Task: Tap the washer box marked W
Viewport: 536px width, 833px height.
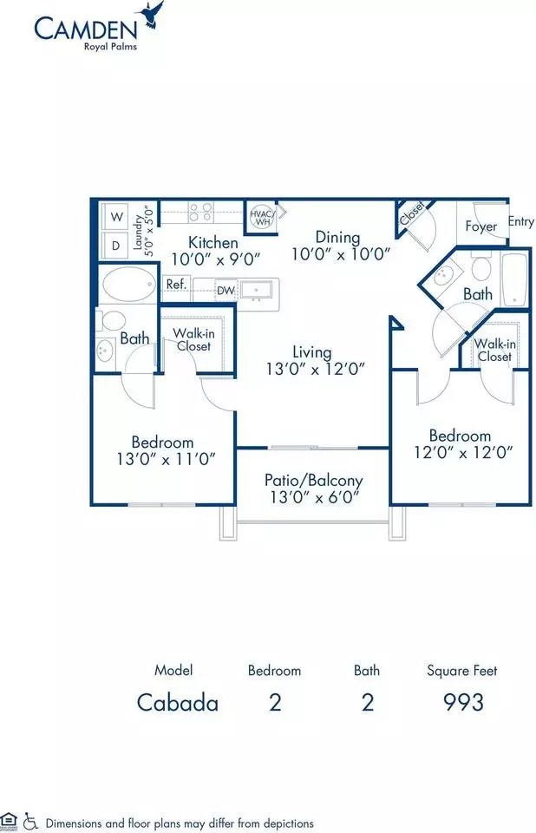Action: [x=117, y=216]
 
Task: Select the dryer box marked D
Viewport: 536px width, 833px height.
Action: [x=116, y=245]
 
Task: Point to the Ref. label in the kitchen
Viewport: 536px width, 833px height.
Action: [x=176, y=285]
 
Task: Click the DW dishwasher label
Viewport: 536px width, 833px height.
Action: [x=226, y=291]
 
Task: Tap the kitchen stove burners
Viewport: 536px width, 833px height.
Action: [x=201, y=212]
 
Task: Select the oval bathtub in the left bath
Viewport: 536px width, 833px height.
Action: [x=129, y=284]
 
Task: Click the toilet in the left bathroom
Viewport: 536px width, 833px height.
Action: [x=112, y=320]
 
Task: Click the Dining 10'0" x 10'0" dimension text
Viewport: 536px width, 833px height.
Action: [x=341, y=254]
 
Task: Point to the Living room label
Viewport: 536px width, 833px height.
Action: [x=312, y=351]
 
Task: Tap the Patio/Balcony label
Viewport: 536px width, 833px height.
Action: [x=313, y=481]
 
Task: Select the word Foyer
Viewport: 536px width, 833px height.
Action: [x=481, y=226]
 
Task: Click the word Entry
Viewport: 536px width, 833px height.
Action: [x=521, y=221]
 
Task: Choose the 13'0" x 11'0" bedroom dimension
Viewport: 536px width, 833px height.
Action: [x=166, y=458]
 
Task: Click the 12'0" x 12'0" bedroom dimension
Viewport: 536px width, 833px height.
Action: [x=463, y=452]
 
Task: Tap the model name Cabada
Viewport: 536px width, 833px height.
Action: [x=178, y=703]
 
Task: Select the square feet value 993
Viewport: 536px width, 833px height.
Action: [x=463, y=702]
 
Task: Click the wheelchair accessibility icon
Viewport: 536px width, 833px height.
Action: [x=30, y=821]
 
